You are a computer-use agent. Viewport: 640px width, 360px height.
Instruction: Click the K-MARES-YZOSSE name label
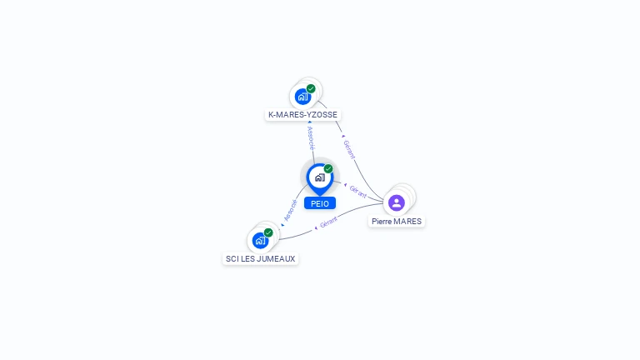(x=303, y=114)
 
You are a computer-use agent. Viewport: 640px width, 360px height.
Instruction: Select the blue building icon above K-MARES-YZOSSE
(x=302, y=96)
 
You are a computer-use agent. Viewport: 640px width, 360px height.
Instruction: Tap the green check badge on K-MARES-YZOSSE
(x=311, y=88)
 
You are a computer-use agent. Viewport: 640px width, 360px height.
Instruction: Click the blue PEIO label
(x=320, y=203)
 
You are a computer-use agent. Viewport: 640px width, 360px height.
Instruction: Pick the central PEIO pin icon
(x=319, y=177)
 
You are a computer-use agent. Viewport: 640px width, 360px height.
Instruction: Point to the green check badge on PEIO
(x=328, y=168)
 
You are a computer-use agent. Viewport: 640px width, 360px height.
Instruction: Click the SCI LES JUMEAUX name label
(x=261, y=258)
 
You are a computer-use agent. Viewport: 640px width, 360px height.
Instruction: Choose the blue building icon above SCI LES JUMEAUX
(x=260, y=240)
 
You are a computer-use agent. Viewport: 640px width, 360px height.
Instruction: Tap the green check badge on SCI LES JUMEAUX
(x=268, y=232)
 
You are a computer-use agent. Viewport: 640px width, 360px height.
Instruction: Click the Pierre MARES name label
(x=397, y=222)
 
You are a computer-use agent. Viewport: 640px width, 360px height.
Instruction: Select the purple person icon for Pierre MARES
(x=397, y=202)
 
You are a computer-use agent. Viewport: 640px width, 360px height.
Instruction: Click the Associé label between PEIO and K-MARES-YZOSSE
(x=311, y=137)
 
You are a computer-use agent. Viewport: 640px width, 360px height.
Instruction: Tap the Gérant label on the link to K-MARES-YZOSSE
(x=349, y=150)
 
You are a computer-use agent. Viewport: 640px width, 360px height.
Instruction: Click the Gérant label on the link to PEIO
(x=358, y=190)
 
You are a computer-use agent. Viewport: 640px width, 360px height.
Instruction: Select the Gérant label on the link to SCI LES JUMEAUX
(x=328, y=222)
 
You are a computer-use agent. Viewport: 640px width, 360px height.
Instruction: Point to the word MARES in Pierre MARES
(x=407, y=222)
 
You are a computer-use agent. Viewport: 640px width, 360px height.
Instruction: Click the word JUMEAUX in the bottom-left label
(x=277, y=258)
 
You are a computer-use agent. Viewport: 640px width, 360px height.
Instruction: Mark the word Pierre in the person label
(x=382, y=222)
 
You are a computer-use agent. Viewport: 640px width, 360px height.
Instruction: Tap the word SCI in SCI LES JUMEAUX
(x=232, y=258)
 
